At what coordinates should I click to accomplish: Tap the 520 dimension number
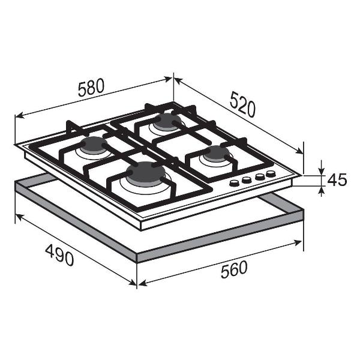coord(242,104)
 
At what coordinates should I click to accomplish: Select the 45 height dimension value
coord(337,180)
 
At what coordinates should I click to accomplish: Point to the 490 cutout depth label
coord(59,255)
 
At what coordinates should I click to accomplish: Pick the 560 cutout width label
coord(234,269)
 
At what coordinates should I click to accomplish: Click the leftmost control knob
coord(235,182)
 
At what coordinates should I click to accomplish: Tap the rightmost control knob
coord(271,174)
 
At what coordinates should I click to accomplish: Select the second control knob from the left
coord(247,180)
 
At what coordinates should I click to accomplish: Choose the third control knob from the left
coord(260,176)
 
